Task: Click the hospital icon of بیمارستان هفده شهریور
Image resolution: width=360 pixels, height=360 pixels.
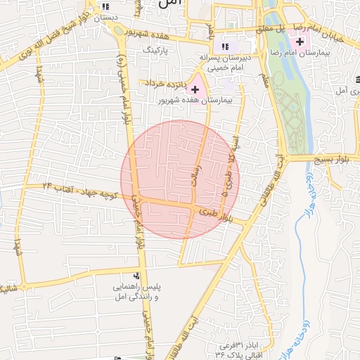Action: [x=195, y=89]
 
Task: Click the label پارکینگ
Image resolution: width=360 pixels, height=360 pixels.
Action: [x=157, y=51]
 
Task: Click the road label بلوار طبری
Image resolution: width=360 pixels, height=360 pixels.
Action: [x=215, y=214]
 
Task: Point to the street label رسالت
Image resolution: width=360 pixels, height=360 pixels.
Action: [x=199, y=172]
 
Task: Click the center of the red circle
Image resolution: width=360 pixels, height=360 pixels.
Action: [x=180, y=180]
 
